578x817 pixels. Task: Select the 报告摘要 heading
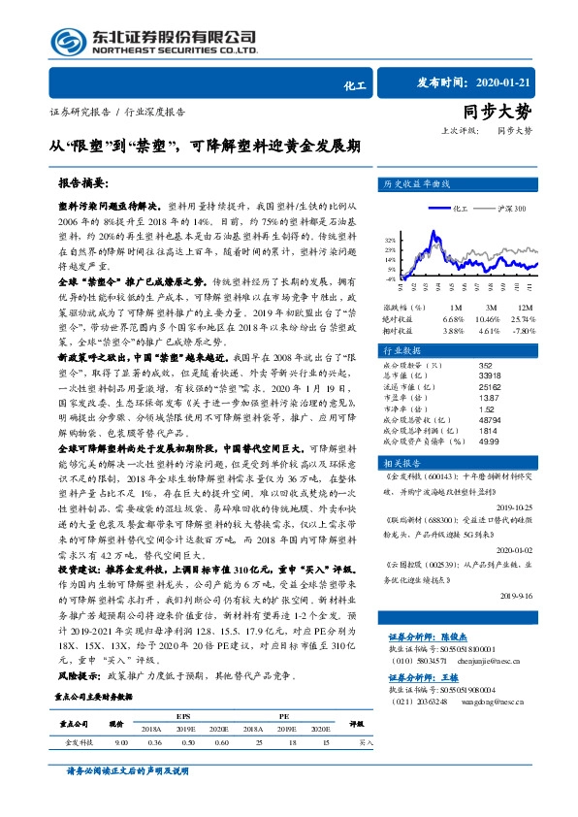pos(85,182)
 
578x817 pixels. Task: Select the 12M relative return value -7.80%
pos(550,331)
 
